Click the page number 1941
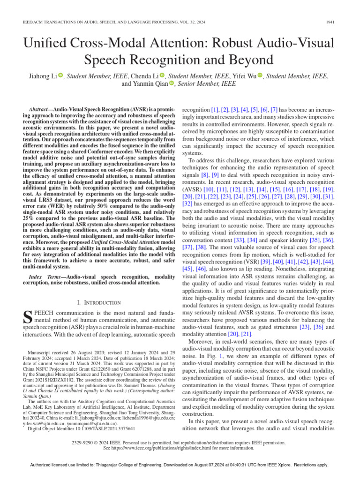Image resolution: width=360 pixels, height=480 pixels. click(330, 22)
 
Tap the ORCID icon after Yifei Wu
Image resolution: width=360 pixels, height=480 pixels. click(260, 76)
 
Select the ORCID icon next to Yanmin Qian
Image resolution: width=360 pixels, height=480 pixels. click(171, 84)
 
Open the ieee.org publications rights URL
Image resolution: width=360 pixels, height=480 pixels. click(179, 448)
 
